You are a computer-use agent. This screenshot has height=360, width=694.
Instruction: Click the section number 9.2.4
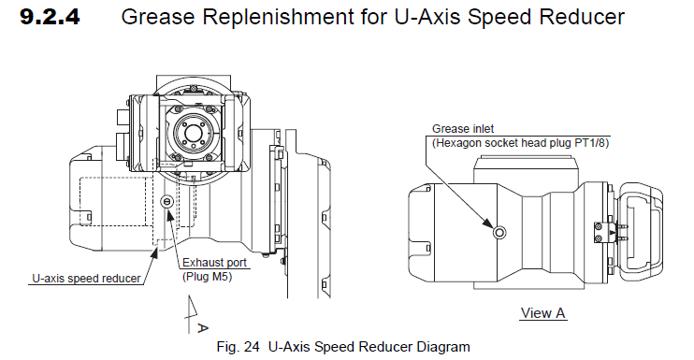click(x=50, y=17)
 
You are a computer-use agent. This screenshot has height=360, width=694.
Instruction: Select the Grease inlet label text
click(x=463, y=129)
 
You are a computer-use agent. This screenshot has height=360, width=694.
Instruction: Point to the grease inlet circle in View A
click(x=499, y=232)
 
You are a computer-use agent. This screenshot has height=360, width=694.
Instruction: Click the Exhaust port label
click(x=214, y=262)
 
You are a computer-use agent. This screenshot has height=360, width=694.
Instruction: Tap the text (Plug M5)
click(x=207, y=277)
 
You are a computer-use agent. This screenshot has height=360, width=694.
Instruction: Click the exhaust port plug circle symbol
click(x=166, y=201)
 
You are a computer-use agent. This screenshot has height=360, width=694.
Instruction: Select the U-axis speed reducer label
click(x=86, y=279)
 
